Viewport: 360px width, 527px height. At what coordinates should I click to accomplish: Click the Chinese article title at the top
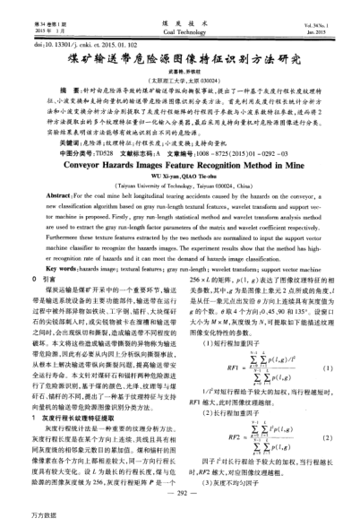[180, 35]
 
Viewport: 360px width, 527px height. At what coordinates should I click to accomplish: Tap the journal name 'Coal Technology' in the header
[180, 12]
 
